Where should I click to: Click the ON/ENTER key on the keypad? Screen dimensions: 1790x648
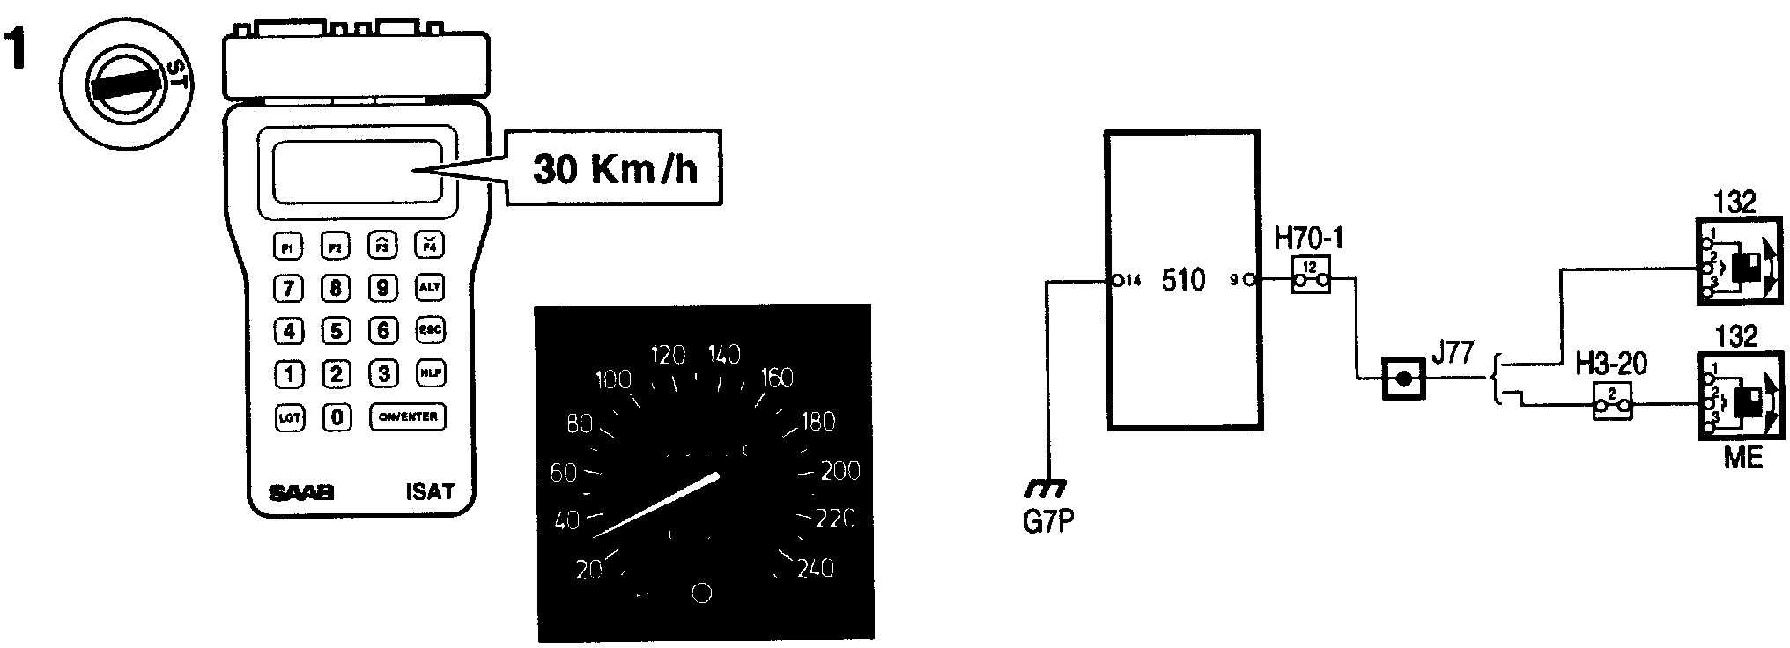tap(407, 416)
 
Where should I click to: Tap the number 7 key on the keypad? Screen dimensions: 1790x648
tap(289, 288)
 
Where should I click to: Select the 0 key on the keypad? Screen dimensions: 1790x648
tap(337, 416)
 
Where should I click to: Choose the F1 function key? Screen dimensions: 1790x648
tap(287, 246)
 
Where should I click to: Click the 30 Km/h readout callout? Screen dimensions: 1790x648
tap(615, 169)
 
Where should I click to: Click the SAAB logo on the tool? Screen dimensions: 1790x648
tap(301, 494)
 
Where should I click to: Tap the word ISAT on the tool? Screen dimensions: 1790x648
tap(430, 491)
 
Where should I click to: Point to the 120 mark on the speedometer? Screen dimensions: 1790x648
tap(667, 356)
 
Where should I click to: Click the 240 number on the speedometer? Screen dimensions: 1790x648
tap(815, 568)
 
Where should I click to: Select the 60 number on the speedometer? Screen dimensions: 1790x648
tap(563, 473)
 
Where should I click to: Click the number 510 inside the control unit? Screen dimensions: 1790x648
tap(1183, 281)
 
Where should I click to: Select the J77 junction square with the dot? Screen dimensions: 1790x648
tap(1403, 379)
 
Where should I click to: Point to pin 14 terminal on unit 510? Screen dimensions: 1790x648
tap(1117, 281)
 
